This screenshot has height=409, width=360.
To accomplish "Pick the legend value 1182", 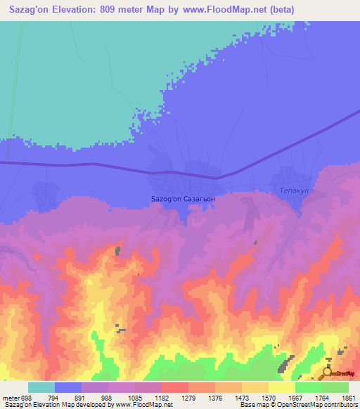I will (x=162, y=398).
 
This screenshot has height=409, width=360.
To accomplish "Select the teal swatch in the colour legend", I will (x=41, y=387).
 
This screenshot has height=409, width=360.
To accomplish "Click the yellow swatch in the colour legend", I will (x=281, y=387).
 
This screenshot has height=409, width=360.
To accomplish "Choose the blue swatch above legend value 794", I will (x=68, y=387).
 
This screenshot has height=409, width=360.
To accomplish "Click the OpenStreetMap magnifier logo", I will (x=328, y=372).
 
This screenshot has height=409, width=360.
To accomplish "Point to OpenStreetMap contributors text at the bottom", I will (x=315, y=405).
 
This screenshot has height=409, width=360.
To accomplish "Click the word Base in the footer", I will (x=248, y=405).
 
